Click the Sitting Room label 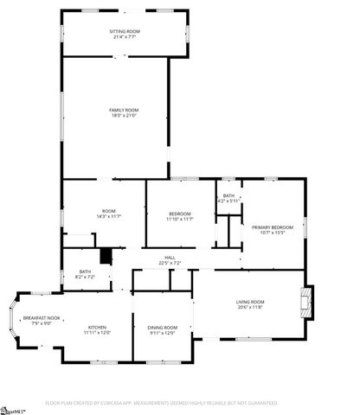(125, 31)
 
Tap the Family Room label (124, 110)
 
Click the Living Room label (248, 302)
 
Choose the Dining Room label (162, 327)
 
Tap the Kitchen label (97, 327)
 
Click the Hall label (170, 258)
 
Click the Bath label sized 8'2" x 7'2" (85, 274)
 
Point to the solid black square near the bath (106, 256)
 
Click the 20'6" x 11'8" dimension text (248, 307)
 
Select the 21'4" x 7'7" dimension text (125, 37)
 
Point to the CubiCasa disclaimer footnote (162, 403)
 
